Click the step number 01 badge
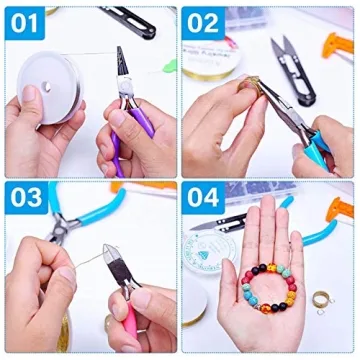coord(27,21)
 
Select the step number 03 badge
coord(27,200)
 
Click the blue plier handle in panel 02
coord(325,140)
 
